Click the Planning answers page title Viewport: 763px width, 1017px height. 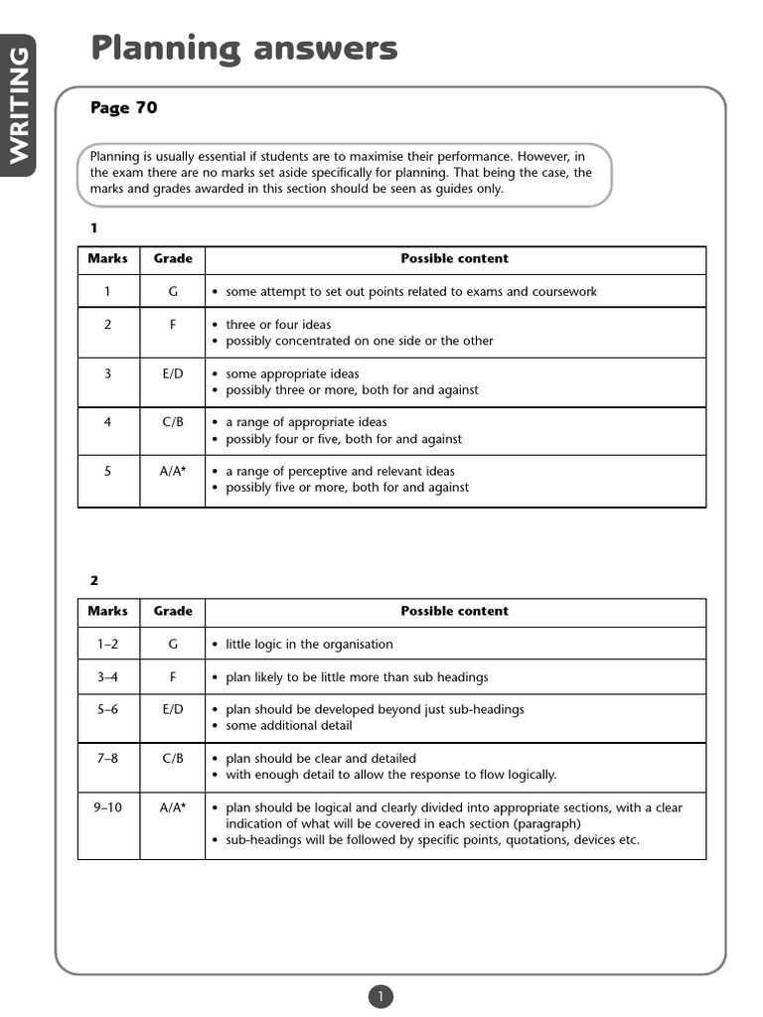pos(243,48)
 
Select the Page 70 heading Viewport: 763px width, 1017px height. pos(123,108)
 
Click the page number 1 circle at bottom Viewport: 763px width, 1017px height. pos(381,996)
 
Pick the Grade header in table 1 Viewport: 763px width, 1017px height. pos(173,258)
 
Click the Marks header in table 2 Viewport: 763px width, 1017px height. pos(107,611)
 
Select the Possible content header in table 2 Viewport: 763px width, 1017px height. pos(454,611)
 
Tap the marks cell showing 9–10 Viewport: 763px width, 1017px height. pos(107,807)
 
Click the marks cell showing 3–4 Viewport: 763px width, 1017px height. pos(107,677)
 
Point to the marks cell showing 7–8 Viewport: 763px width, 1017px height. pos(107,758)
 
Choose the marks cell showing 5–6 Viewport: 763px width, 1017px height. pos(107,709)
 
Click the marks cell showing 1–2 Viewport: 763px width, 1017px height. pos(107,644)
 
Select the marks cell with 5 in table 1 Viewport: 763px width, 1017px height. pos(107,471)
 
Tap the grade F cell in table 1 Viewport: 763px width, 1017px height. pos(173,324)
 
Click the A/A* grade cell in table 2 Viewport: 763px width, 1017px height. pos(173,807)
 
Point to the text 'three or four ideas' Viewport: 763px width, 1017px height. pos(278,325)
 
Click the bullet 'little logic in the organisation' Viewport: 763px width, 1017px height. pos(309,644)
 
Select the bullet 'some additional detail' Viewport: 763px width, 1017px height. pos(288,725)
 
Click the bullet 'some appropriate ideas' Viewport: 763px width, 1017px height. pos(292,373)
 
